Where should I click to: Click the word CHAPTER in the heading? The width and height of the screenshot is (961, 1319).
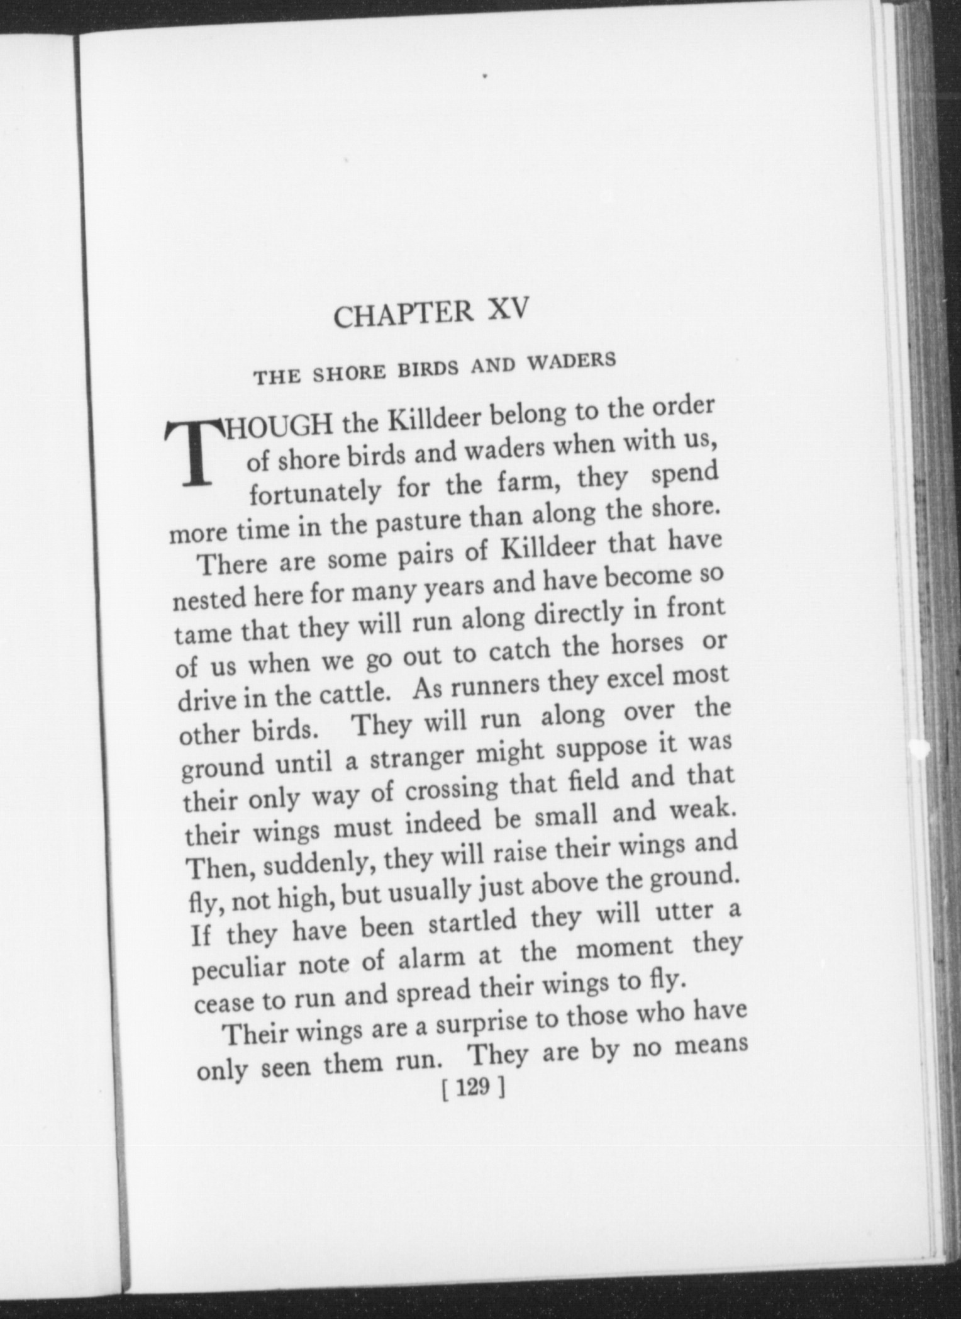pyautogui.click(x=403, y=314)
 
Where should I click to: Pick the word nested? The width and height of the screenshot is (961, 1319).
pyautogui.click(x=209, y=597)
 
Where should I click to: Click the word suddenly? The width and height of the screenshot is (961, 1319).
pyautogui.click(x=316, y=866)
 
